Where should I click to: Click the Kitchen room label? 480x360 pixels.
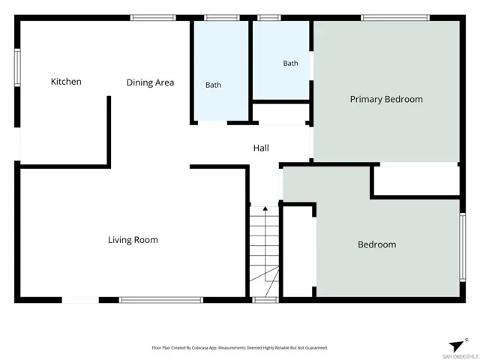click(66, 82)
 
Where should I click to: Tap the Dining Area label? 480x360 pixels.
click(150, 82)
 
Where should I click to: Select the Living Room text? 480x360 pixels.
click(133, 240)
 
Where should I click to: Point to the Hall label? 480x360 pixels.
click(261, 148)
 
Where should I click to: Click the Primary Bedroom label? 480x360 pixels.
click(386, 99)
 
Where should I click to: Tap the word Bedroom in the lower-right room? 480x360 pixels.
click(377, 244)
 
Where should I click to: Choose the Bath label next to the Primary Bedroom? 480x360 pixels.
click(290, 63)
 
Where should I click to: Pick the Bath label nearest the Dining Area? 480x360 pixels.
click(213, 85)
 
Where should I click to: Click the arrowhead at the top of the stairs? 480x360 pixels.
click(265, 208)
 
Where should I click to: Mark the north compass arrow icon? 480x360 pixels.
click(457, 346)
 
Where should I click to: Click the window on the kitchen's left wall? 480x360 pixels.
click(17, 67)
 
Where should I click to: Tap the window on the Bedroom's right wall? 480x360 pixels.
click(463, 247)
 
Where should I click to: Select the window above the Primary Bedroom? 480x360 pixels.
click(395, 18)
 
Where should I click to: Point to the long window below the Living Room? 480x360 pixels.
click(161, 300)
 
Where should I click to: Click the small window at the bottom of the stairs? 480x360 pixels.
click(265, 300)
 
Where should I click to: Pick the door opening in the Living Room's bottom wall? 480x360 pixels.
click(80, 300)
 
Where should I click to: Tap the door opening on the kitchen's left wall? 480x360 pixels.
click(17, 144)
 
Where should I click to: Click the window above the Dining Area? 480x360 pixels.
click(153, 18)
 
